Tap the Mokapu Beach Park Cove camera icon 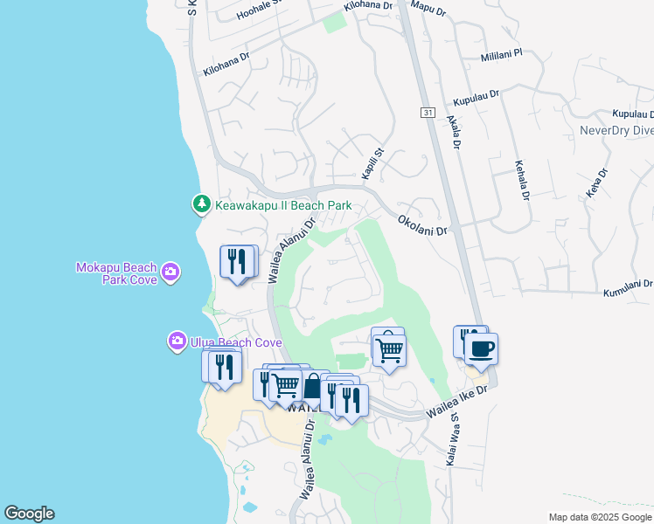[170, 272]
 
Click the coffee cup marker [480, 350]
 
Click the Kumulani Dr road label [628, 288]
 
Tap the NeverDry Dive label [616, 131]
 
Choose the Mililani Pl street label [501, 55]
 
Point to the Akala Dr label [453, 134]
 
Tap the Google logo [29, 514]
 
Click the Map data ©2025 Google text [599, 517]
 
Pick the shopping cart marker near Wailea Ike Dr [389, 349]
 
